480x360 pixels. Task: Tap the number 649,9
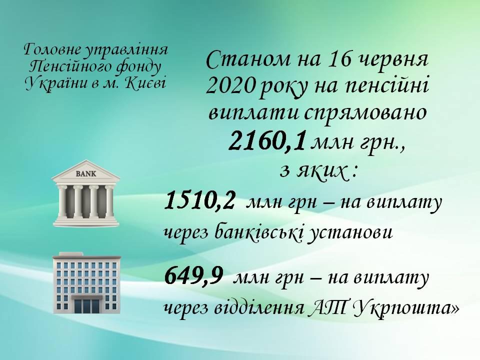[193, 275]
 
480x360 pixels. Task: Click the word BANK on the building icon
[85, 174]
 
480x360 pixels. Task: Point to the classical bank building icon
[86, 193]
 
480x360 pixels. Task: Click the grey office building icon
[86, 282]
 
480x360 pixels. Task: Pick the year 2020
[230, 85]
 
